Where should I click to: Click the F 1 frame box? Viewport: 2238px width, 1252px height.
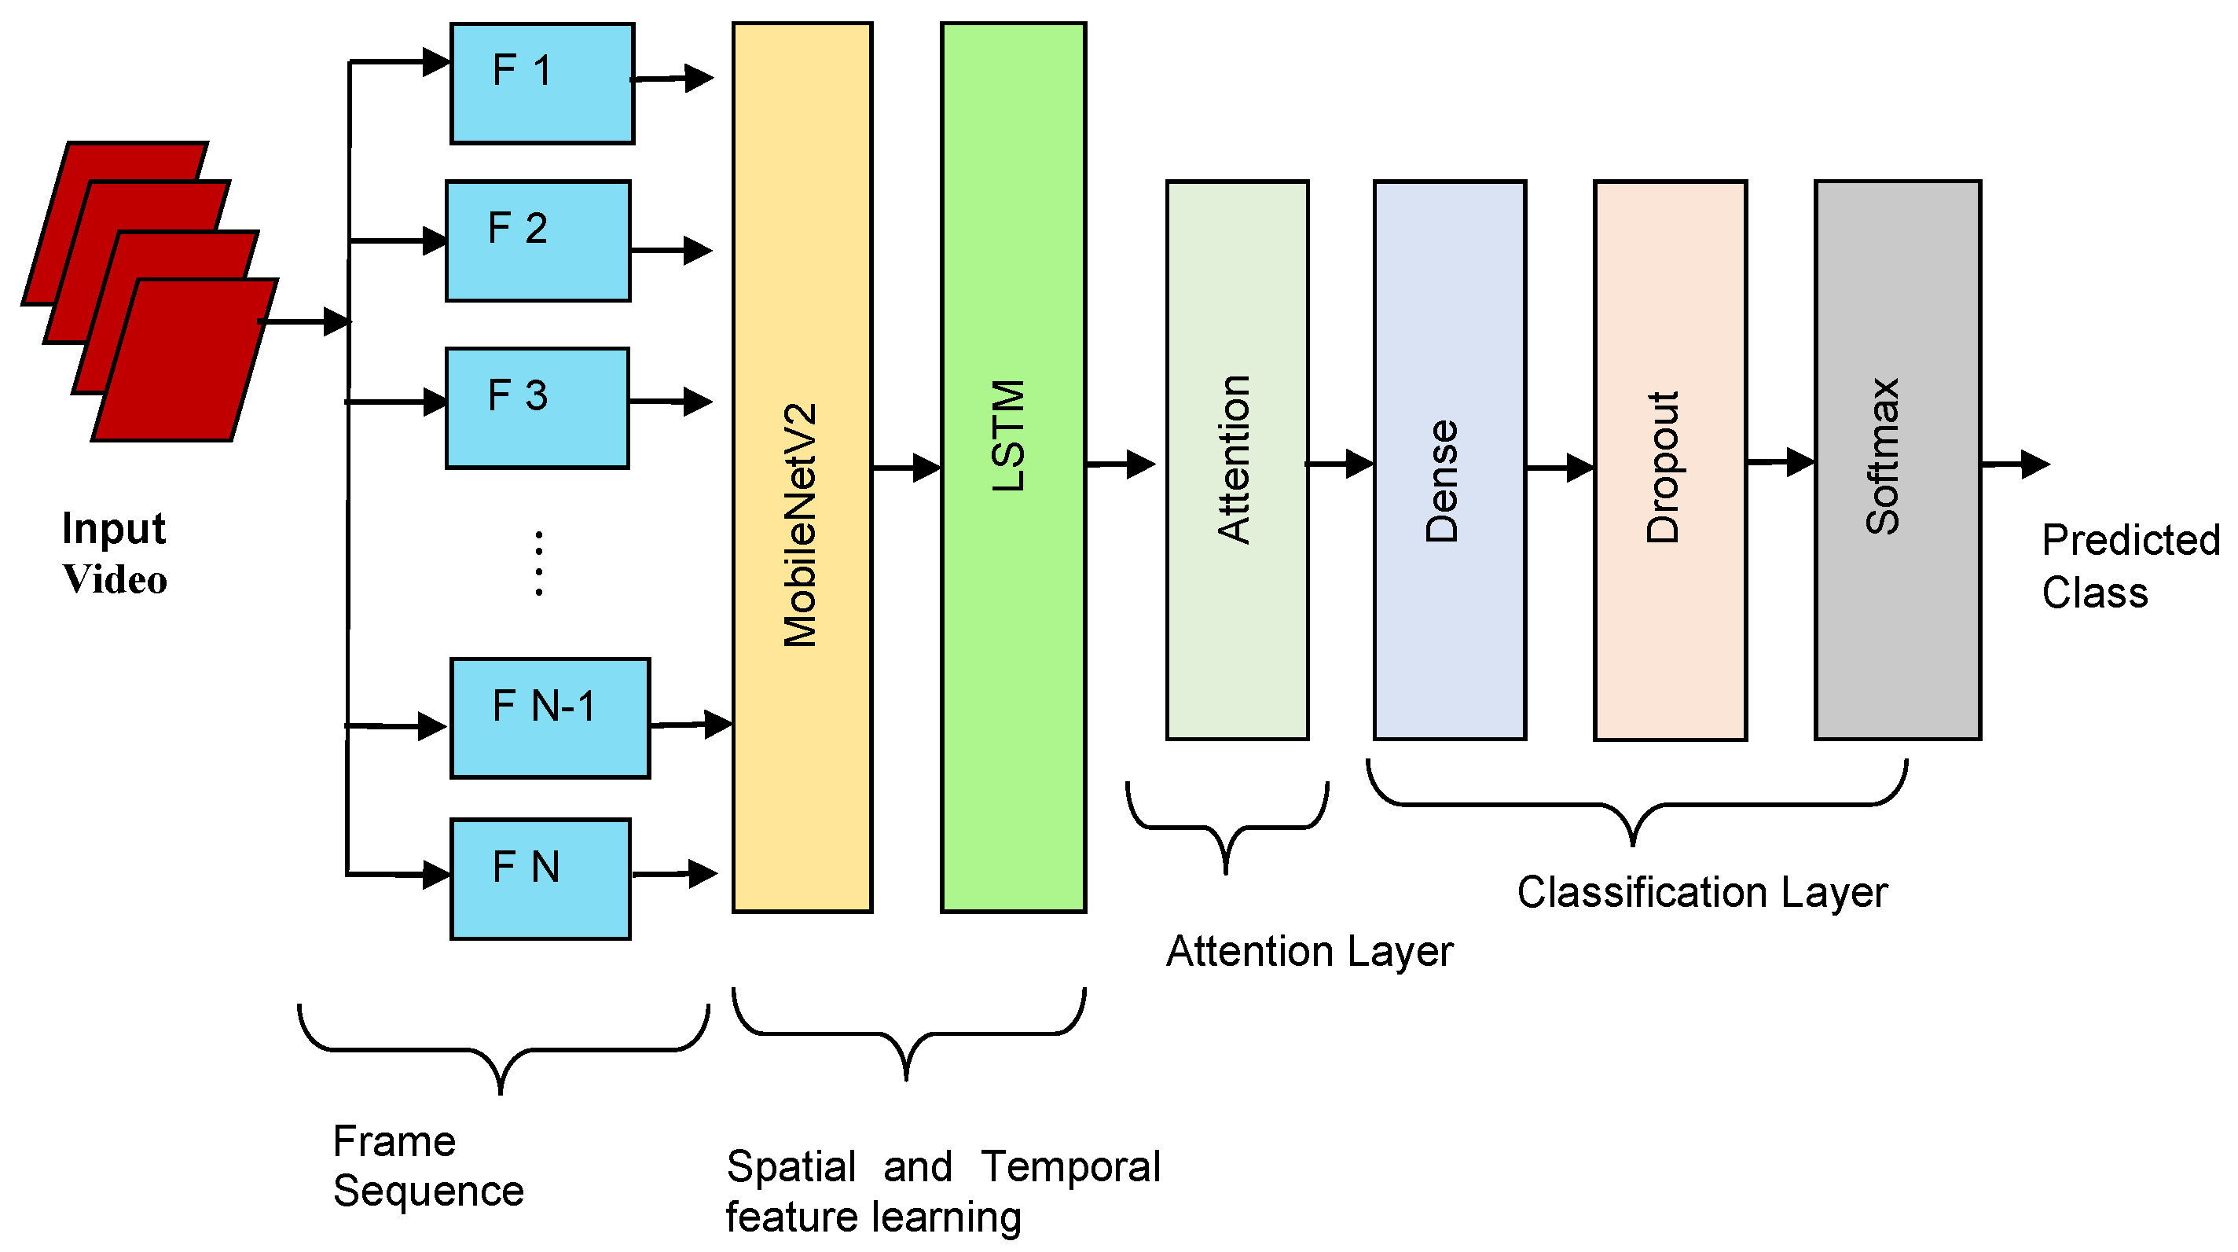point(542,83)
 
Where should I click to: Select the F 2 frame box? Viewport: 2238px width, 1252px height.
point(537,240)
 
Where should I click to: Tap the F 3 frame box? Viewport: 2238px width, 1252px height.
point(537,409)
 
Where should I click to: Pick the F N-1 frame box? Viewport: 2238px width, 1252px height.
point(550,718)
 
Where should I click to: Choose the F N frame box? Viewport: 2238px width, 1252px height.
point(541,879)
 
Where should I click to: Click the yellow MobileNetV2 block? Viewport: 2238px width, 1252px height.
point(802,468)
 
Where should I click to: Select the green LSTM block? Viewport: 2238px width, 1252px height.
point(1013,468)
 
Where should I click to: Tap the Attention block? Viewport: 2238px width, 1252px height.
point(1237,461)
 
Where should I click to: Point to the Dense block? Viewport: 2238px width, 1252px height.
point(1449,461)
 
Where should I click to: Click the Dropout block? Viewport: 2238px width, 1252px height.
point(1670,461)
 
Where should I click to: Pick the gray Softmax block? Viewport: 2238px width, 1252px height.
point(1898,461)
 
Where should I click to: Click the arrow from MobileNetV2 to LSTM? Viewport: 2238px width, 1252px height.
point(906,468)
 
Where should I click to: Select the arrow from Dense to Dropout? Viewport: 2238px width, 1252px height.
point(1560,468)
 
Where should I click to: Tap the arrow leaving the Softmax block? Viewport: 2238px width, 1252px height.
point(2016,464)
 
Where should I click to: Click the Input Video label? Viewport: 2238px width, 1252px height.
point(114,553)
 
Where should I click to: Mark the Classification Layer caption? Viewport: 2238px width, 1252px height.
point(1702,892)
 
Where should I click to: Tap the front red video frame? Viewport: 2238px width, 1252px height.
point(185,360)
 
